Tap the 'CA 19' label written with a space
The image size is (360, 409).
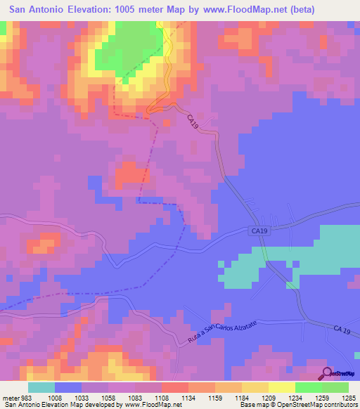coord(342,330)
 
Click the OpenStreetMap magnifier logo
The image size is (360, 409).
coord(326,373)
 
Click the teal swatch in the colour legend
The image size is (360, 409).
coord(41,387)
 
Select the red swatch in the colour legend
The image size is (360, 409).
coord(175,387)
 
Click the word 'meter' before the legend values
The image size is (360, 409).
coord(11,398)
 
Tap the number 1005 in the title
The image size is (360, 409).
coord(136,10)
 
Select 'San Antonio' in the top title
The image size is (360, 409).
coord(40,10)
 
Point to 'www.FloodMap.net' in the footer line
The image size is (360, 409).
coord(148,405)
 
